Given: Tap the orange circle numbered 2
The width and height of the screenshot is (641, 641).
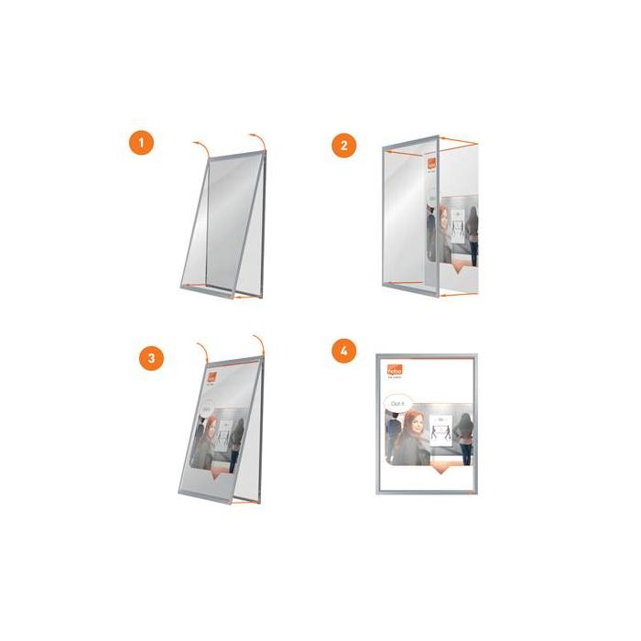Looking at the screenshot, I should tap(343, 144).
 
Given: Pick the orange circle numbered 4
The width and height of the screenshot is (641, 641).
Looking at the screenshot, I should tap(343, 351).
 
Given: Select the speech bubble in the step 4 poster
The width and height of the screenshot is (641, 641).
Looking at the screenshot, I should tap(398, 403).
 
